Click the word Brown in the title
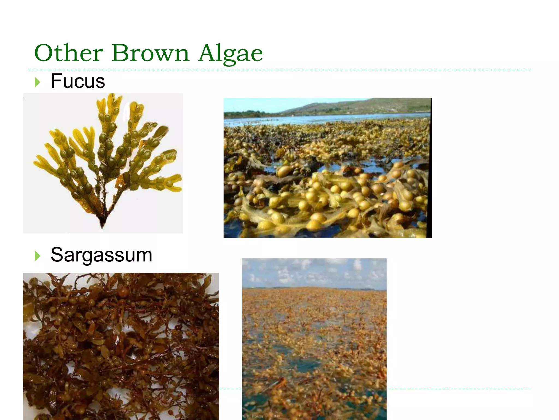[150, 53]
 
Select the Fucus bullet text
[78, 81]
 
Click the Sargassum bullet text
[101, 255]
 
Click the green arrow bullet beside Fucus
[37, 82]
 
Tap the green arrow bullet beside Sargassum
[37, 256]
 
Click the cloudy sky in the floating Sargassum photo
[314, 272]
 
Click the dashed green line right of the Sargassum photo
[459, 389]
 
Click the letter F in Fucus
[56, 81]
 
